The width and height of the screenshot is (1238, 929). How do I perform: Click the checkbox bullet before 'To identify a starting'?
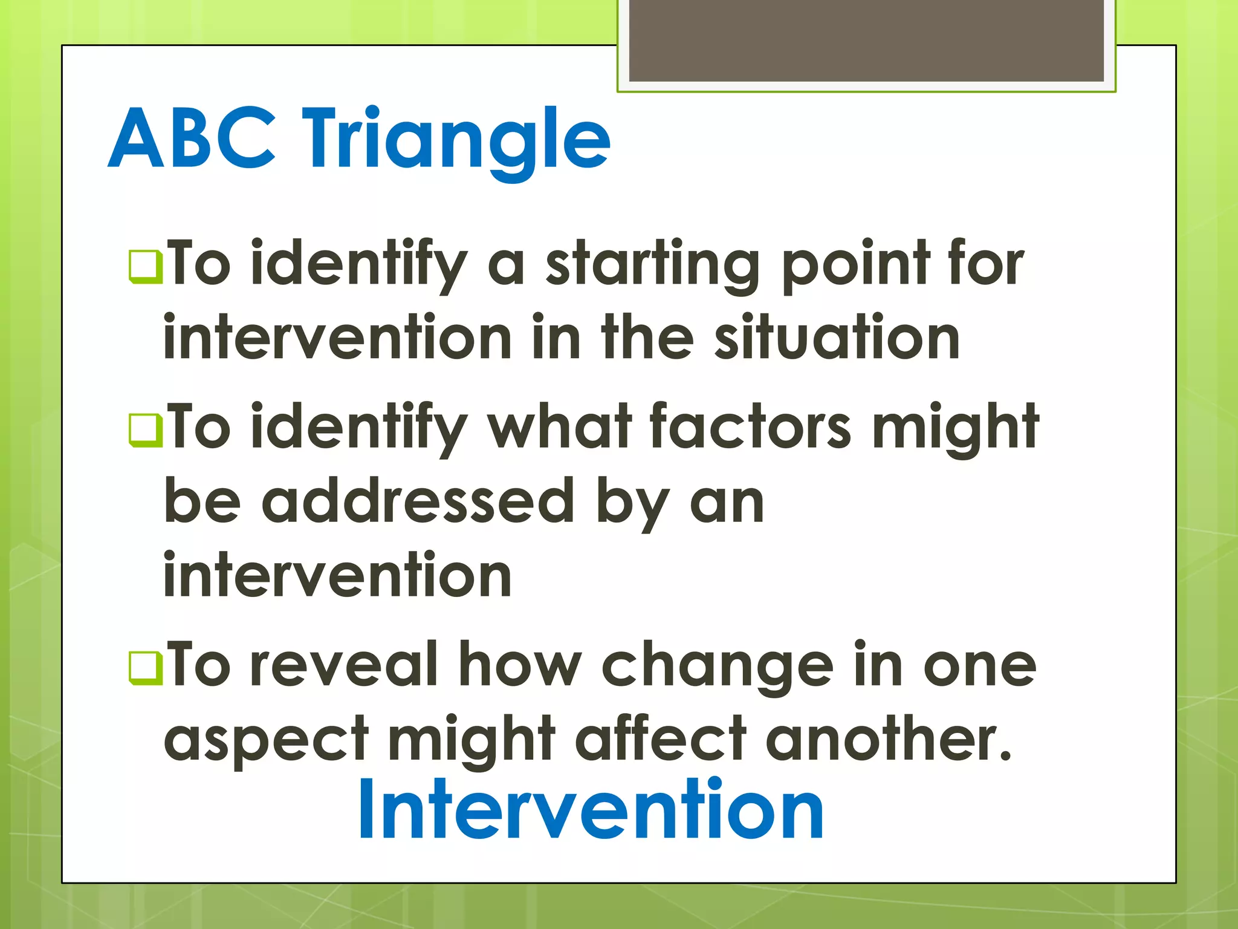tap(146, 267)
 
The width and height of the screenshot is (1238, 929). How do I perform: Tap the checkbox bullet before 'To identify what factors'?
tap(146, 430)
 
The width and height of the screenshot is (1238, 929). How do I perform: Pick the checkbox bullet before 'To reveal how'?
tap(146, 668)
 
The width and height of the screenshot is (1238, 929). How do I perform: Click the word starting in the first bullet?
tap(652, 266)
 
